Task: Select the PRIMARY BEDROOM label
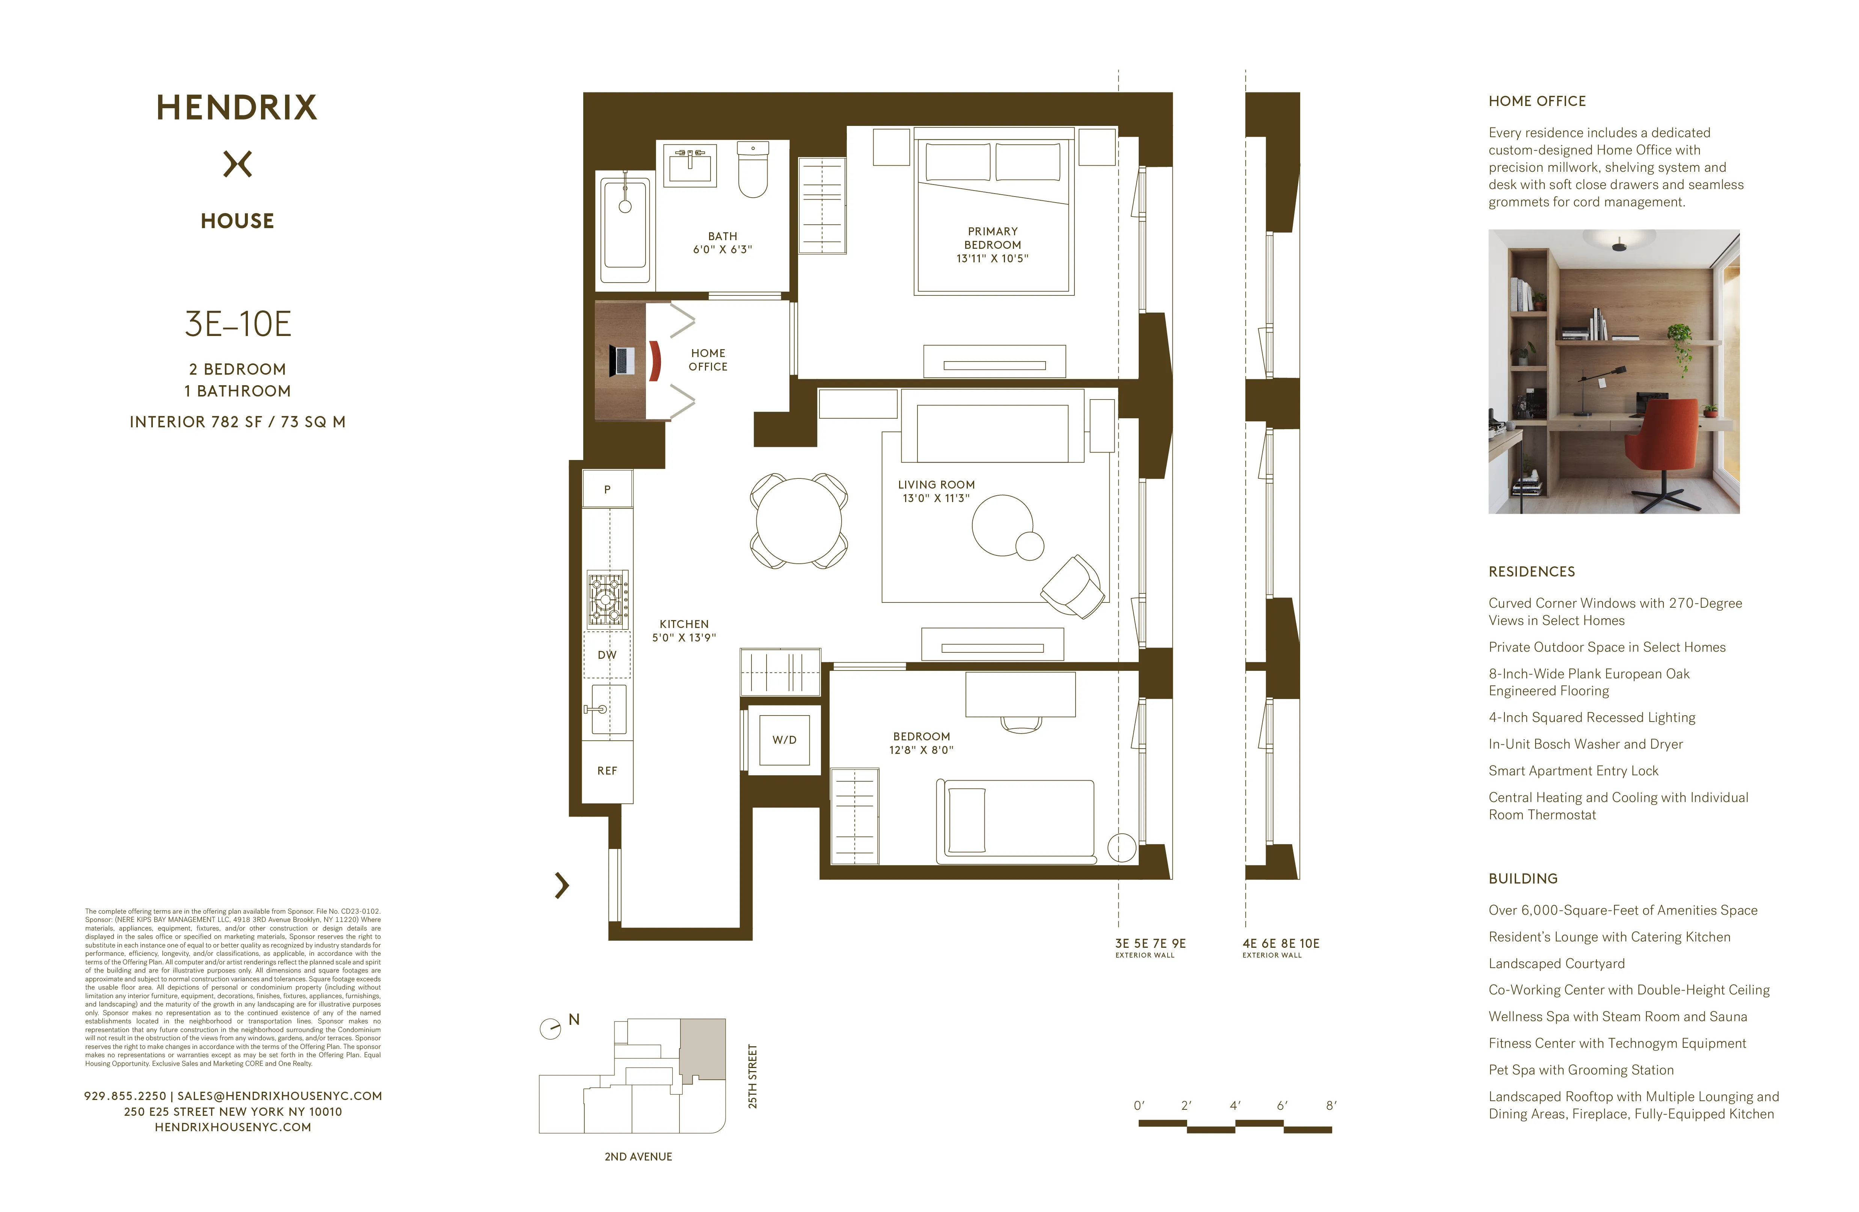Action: click(x=992, y=245)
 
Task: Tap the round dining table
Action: click(x=798, y=521)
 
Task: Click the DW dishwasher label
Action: click(x=607, y=655)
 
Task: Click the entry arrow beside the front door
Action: click(x=561, y=885)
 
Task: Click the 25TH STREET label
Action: click(x=752, y=1076)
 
